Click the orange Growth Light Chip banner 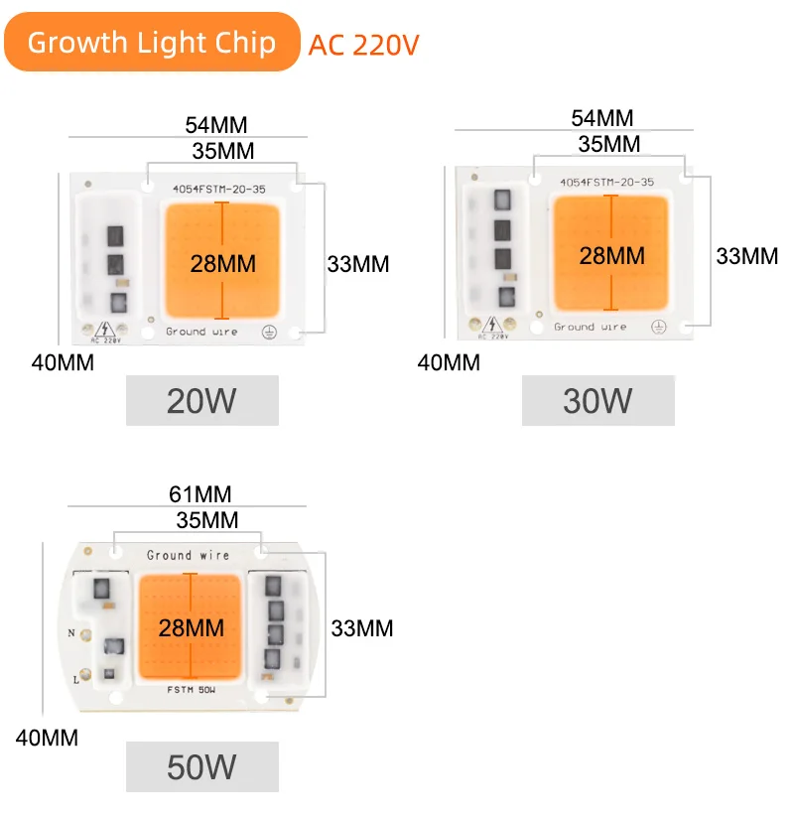point(151,43)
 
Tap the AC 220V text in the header point(363,46)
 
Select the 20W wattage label point(201,400)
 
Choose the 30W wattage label point(597,400)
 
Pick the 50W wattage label point(201,766)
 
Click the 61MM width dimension point(200,494)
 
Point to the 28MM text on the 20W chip point(223,263)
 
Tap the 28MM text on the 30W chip point(611,255)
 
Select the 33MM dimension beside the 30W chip point(746,255)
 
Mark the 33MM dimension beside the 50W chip point(361,627)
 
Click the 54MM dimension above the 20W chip point(215,125)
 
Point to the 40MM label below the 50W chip point(47,738)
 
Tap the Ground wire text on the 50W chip point(188,555)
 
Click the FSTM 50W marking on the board point(189,686)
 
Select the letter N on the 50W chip point(70,632)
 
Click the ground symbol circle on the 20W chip point(268,333)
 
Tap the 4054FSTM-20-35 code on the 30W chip point(605,182)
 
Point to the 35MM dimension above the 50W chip point(206,520)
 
